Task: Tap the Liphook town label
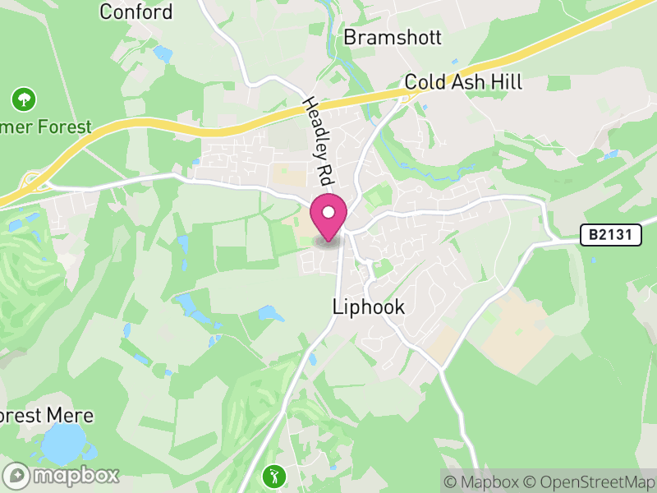[369, 307]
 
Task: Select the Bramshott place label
[393, 37]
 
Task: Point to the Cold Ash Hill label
[463, 83]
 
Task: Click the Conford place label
[136, 12]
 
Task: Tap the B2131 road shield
[610, 235]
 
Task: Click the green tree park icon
[24, 100]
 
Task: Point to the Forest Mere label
[46, 416]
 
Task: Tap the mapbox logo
[62, 475]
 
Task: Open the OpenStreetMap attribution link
[588, 481]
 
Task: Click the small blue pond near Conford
[163, 54]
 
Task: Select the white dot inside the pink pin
[328, 213]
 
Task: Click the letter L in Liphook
[338, 307]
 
